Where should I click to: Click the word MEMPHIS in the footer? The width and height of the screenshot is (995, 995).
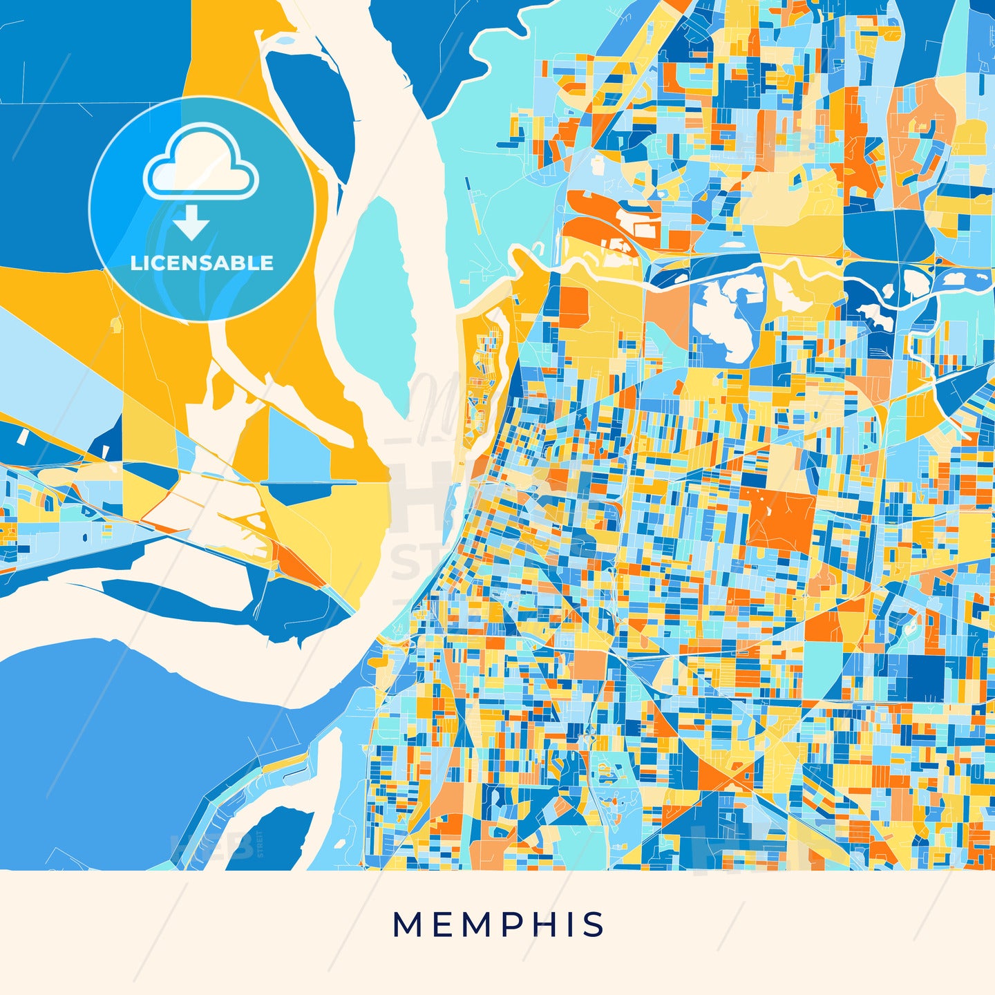pos(498,925)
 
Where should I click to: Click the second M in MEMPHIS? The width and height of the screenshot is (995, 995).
pos(475,925)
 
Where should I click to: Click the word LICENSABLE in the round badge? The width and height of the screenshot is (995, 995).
pos(202,263)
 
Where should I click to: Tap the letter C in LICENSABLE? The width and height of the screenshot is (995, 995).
pos(164,263)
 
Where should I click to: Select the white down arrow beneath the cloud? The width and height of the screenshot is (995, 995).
pos(191,221)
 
